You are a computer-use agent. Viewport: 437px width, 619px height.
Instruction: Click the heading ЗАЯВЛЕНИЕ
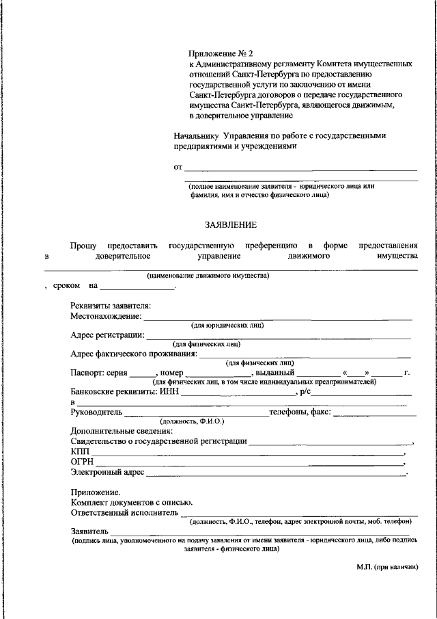click(x=231, y=224)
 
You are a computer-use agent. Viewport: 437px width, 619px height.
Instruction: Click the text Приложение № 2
click(x=221, y=53)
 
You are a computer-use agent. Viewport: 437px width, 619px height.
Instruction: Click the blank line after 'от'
click(x=300, y=168)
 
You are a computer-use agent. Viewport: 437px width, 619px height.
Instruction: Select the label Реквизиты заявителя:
click(x=111, y=305)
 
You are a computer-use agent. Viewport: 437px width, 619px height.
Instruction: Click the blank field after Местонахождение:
click(x=278, y=317)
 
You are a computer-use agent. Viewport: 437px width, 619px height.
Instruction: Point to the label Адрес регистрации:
click(x=107, y=335)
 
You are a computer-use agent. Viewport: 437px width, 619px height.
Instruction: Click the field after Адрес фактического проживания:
click(x=305, y=355)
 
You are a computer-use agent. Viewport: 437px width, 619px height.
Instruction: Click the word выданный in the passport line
click(x=274, y=373)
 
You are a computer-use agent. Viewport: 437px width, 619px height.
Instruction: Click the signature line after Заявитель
click(x=259, y=532)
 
